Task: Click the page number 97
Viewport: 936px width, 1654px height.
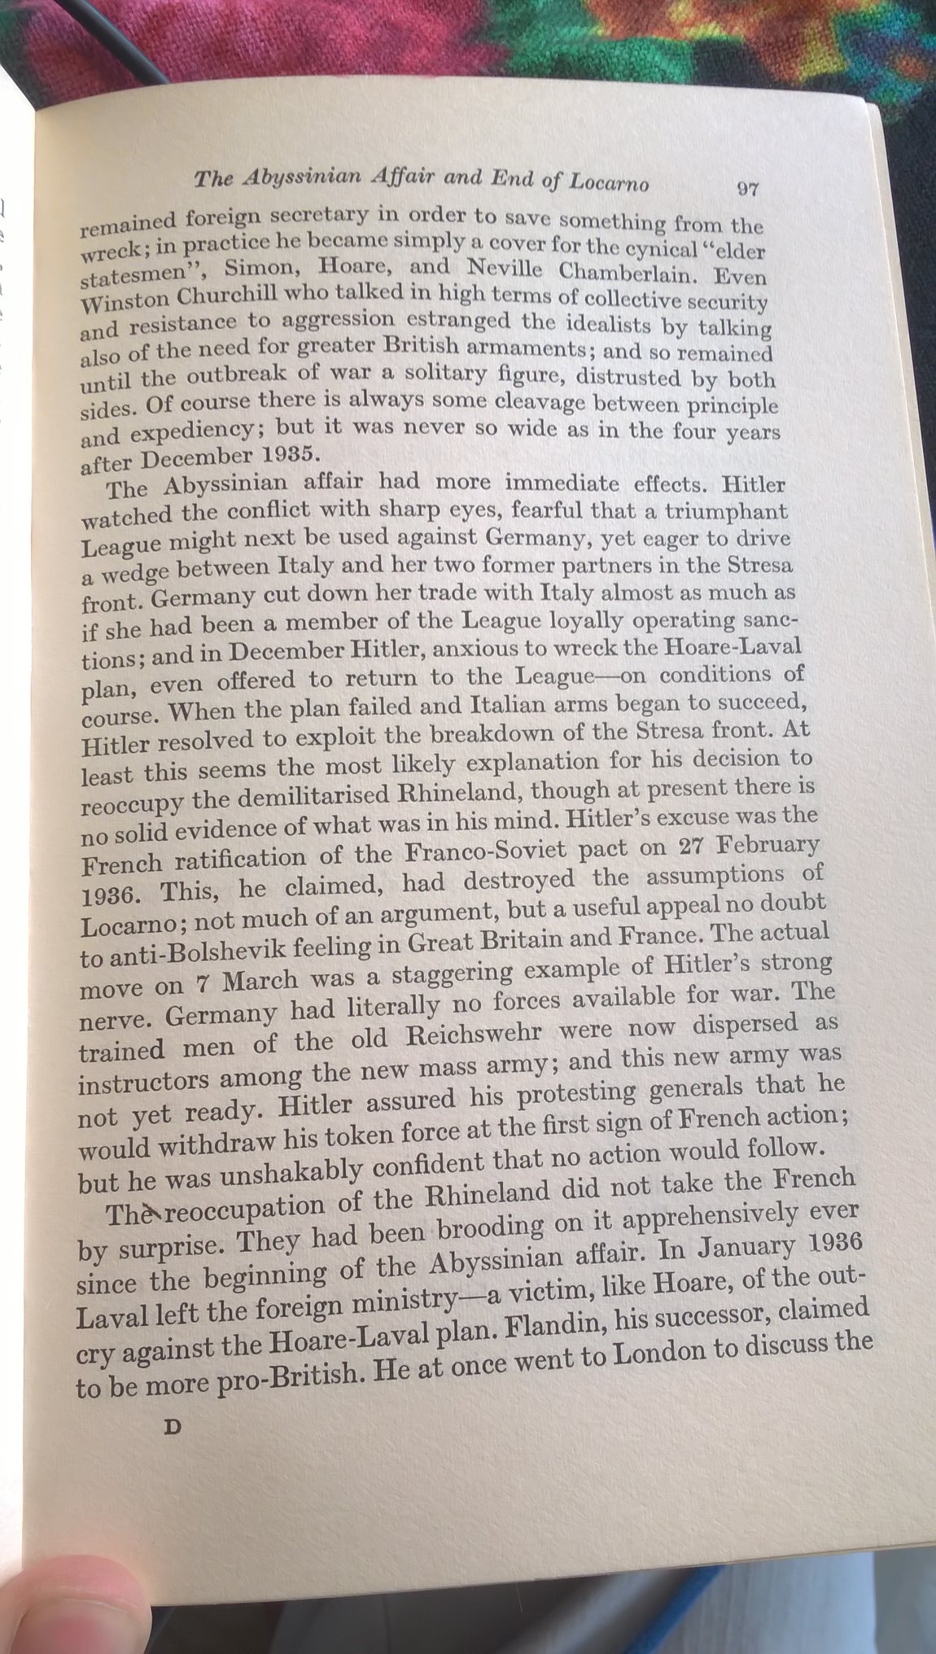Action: point(746,189)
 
